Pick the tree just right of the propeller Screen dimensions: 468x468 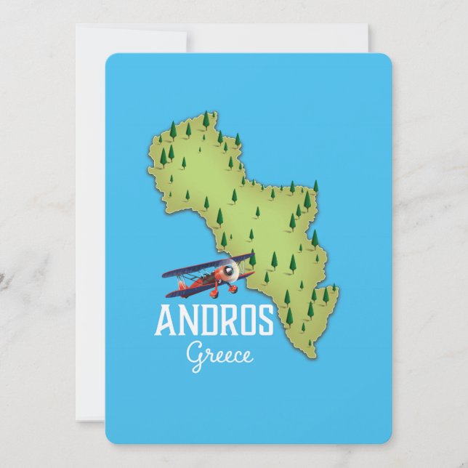coord(252,259)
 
